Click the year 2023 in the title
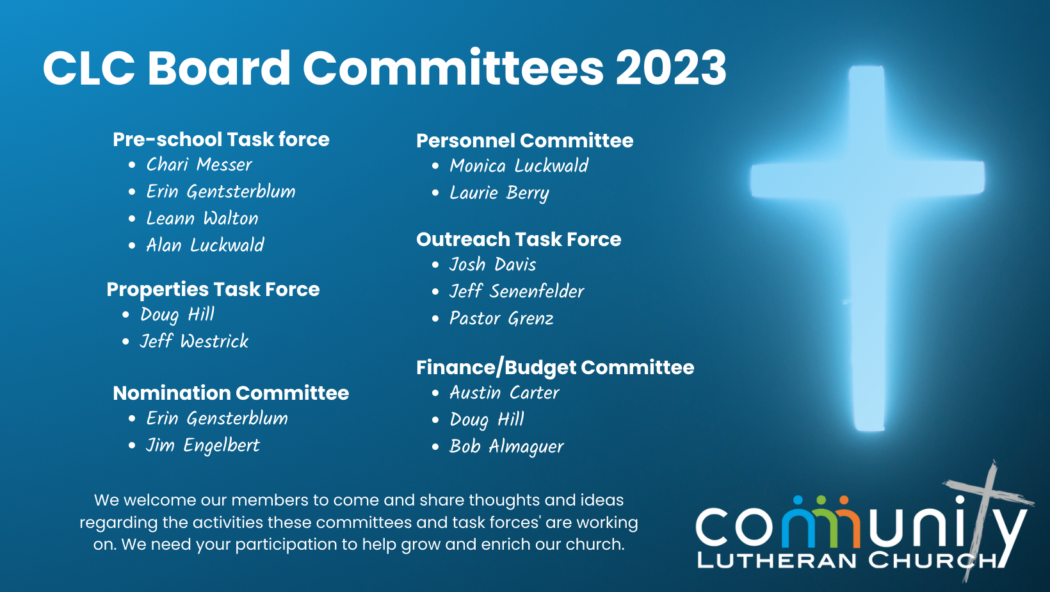[x=671, y=68]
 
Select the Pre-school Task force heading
[x=221, y=139]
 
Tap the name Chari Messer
[x=199, y=165]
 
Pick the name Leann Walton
[x=202, y=218]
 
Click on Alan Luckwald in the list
[x=206, y=245]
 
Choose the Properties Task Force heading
[x=213, y=290]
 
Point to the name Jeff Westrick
[x=194, y=341]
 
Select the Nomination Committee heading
[x=230, y=393]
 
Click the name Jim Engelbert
[x=202, y=446]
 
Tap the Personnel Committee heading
[x=524, y=141]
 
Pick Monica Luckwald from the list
[x=519, y=166]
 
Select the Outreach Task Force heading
[x=519, y=239]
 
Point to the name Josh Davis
[x=492, y=265]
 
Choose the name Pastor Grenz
[x=501, y=318]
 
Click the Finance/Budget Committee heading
[x=555, y=367]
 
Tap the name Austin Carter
[x=505, y=393]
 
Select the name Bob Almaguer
[x=506, y=447]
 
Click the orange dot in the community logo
[x=844, y=500]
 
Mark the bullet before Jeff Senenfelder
[x=435, y=292]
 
